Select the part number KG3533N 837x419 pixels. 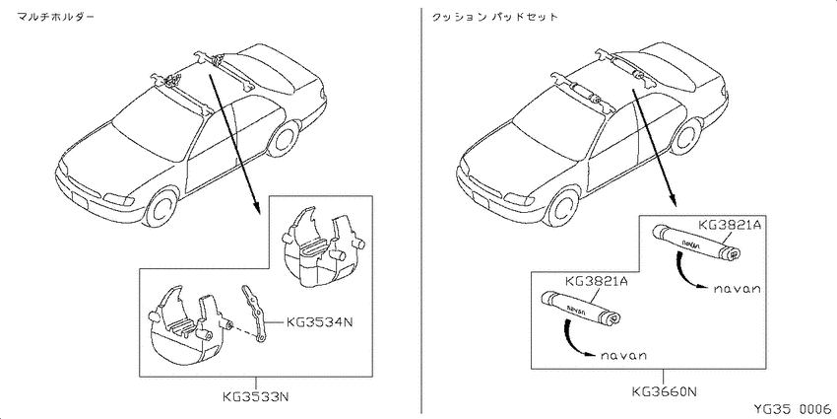[x=255, y=397]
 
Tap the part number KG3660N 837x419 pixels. [x=664, y=391]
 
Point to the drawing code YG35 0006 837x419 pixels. [x=793, y=409]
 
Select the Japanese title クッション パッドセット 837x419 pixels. [x=493, y=17]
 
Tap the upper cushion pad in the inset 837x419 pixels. [x=696, y=244]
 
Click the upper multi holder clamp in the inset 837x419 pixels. [x=320, y=246]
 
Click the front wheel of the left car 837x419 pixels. [x=161, y=207]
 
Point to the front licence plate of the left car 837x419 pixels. [x=79, y=202]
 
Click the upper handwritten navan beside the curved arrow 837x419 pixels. [x=737, y=289]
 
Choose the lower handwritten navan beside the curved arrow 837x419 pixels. [x=622, y=355]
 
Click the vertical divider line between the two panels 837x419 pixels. [x=421, y=210]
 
